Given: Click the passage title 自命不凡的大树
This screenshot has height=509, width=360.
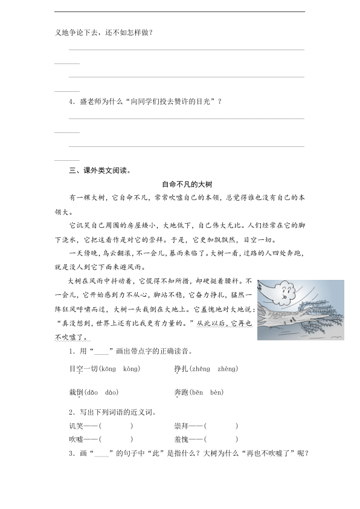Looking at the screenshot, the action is point(185,184).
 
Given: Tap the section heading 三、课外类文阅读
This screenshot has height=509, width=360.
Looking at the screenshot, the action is point(100,170).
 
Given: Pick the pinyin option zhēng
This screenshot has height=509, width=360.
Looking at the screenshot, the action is point(200,368).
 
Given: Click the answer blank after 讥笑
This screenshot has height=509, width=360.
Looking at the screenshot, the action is point(115,426).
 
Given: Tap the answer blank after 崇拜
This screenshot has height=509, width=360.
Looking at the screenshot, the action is point(220,426).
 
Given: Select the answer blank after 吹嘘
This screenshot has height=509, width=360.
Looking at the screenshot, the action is point(115,439).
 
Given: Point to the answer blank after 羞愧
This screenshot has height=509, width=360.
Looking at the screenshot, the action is point(220,439).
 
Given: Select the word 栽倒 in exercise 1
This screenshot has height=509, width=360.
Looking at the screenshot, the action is point(76,392).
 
